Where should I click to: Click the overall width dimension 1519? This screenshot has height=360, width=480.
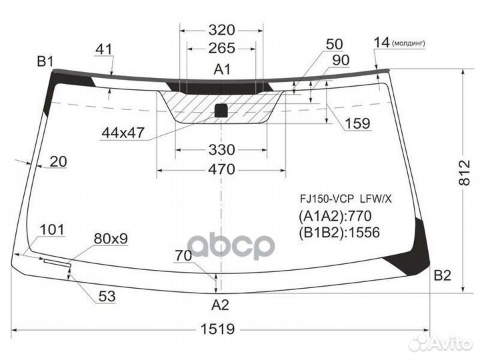tap(217, 329)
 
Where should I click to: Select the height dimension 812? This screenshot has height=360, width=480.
tap(465, 173)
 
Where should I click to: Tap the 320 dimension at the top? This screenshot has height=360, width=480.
tap(221, 30)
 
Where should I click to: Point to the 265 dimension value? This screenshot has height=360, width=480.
tap(221, 48)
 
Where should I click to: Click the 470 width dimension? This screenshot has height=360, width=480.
tap(221, 169)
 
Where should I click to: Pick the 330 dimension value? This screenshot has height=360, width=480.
tap(221, 150)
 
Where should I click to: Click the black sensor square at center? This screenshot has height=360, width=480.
tap(221, 111)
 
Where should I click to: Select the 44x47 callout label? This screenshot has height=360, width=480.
tap(123, 133)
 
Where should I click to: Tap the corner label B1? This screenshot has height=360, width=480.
tap(45, 61)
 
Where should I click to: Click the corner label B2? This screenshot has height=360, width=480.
tap(443, 276)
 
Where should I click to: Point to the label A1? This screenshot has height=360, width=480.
tap(222, 69)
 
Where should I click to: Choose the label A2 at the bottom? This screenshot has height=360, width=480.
tap(220, 305)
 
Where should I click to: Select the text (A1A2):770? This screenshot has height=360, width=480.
tap(335, 216)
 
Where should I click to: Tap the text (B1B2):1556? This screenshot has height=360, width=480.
tap(339, 233)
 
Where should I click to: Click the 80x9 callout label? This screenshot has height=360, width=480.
tap(111, 239)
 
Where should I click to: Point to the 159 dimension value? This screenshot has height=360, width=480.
tap(357, 123)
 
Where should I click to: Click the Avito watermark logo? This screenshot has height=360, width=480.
tap(440, 343)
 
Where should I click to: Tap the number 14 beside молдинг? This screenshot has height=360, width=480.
tap(381, 43)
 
